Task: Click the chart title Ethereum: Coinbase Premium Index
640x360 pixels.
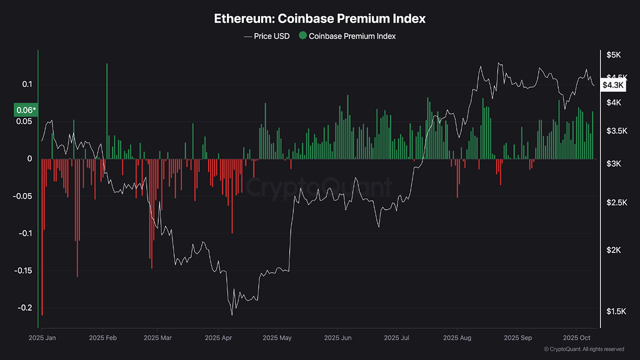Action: [x=319, y=18]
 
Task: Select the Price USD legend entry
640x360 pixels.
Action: [x=267, y=36]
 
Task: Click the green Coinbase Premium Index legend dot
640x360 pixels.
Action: [x=302, y=36]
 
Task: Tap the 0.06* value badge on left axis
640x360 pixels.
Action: [x=26, y=110]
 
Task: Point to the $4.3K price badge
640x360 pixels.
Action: [x=612, y=84]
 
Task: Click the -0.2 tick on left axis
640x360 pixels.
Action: [x=25, y=308]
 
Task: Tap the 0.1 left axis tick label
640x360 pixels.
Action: [x=27, y=84]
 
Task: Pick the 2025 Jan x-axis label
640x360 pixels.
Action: [x=42, y=337]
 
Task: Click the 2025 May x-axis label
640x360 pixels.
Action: [x=277, y=337]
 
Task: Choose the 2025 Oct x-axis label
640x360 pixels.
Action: [x=576, y=337]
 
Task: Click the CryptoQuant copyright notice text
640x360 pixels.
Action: [x=584, y=349]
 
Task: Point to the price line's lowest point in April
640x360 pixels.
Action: [x=232, y=313]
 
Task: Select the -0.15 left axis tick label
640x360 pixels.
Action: [x=24, y=271]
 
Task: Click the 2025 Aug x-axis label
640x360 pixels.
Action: [x=456, y=337]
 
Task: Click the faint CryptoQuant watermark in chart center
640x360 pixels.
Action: [x=319, y=186]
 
